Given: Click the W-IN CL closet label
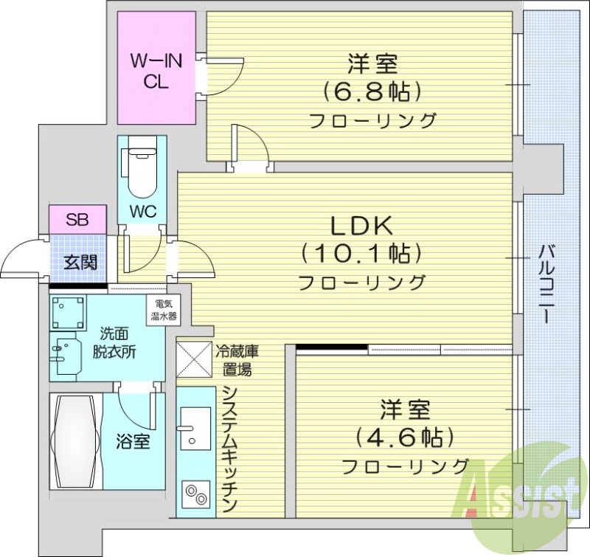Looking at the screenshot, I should [156, 72].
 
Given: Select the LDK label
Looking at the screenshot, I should [360, 225].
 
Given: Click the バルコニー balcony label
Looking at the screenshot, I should [546, 283].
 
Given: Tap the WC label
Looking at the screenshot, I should [143, 211].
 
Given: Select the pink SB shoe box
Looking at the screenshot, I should [77, 219].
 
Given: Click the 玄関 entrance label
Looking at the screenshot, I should [78, 261].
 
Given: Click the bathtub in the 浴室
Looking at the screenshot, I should [74, 440].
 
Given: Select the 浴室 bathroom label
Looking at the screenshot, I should [133, 442].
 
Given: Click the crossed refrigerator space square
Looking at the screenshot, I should [194, 359].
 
